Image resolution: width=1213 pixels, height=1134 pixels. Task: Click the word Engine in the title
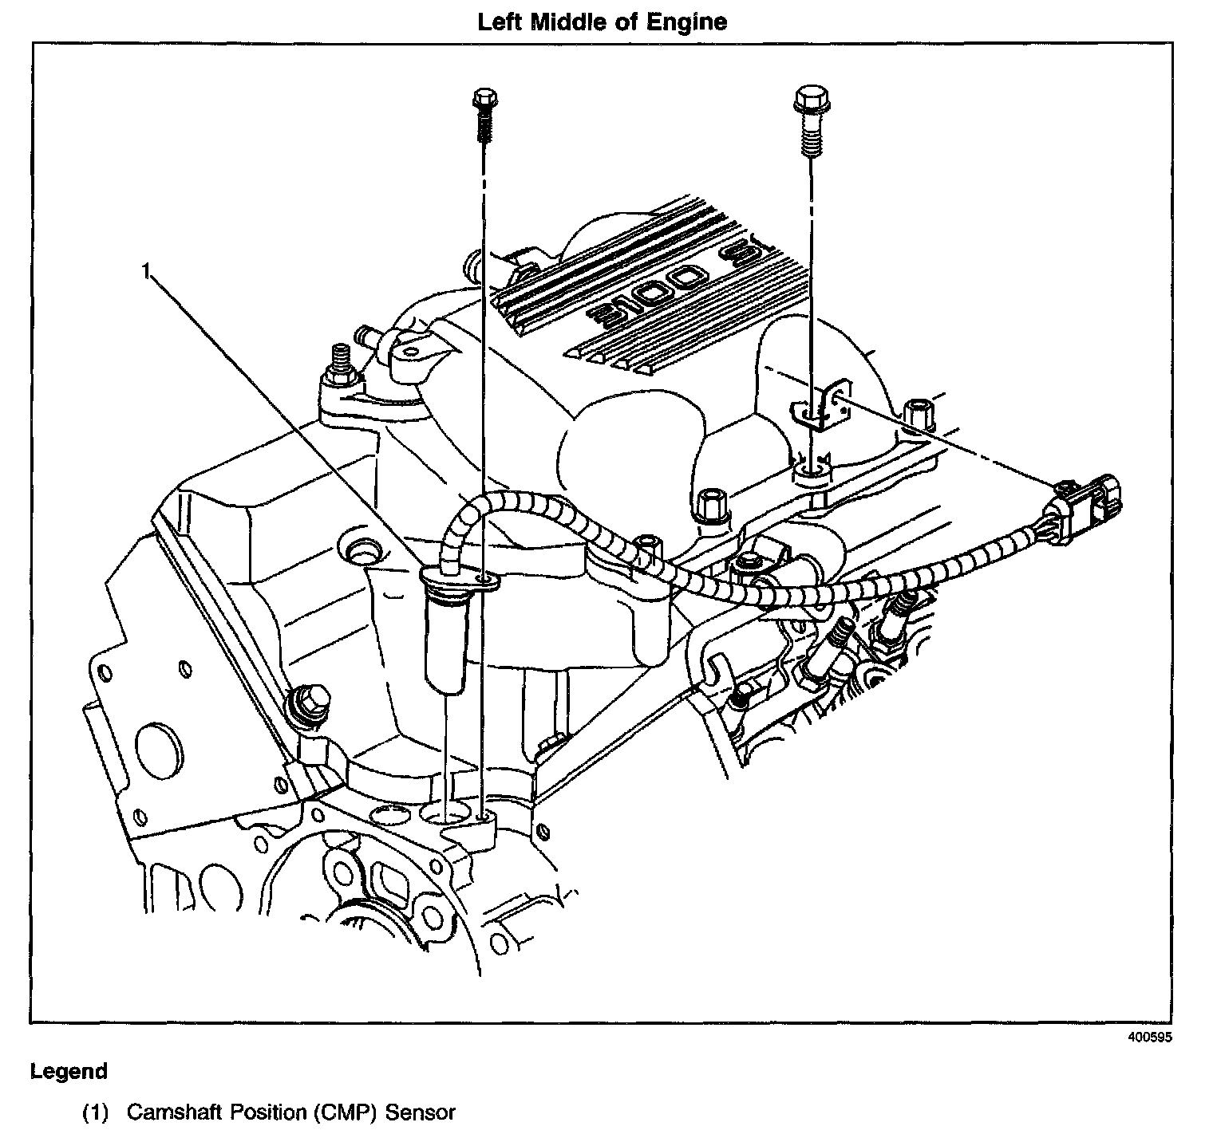pos(692,22)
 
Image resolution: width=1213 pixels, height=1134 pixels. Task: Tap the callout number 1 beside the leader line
pos(145,272)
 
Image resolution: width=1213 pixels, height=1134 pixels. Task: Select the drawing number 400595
pos(1151,1038)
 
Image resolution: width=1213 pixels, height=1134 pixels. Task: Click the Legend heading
pos(69,1071)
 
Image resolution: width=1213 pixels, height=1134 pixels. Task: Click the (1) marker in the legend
pos(95,1112)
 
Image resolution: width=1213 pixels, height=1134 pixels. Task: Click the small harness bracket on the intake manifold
pos(821,408)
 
